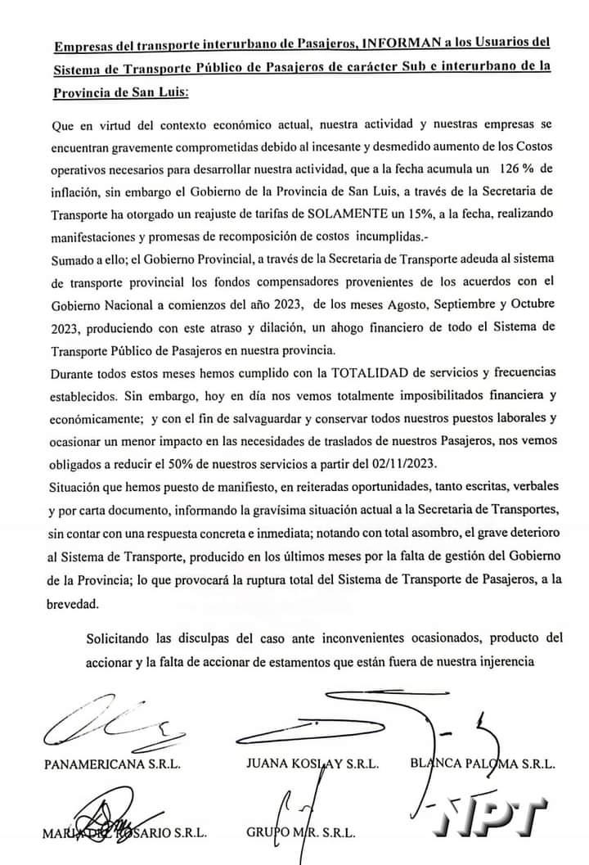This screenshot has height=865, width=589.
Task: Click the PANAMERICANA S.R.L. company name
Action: (112, 765)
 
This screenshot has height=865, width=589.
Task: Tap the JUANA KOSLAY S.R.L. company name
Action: (311, 765)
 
